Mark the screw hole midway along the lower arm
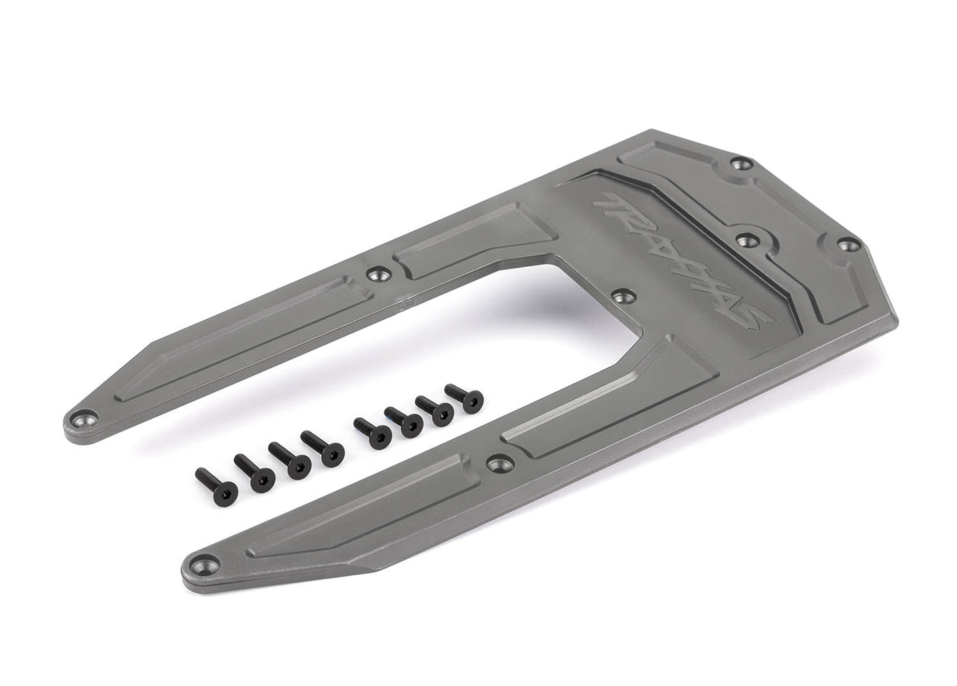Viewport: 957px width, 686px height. [497, 462]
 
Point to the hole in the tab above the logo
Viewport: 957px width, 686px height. [747, 239]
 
